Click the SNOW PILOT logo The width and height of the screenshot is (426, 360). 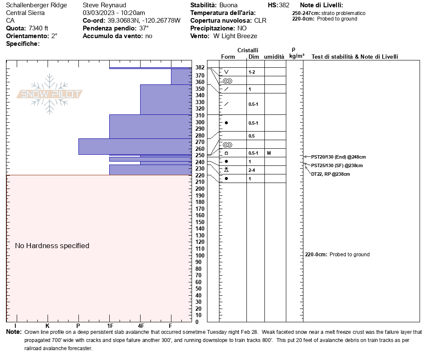(x=50, y=94)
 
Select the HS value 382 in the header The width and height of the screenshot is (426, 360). (x=284, y=6)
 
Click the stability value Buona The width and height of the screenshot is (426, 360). (x=228, y=6)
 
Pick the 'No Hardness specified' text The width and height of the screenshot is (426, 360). (x=52, y=246)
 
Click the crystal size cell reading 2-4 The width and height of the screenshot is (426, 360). (x=252, y=170)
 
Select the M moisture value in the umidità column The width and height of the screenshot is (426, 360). (x=269, y=153)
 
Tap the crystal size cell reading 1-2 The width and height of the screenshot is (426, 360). (x=252, y=72)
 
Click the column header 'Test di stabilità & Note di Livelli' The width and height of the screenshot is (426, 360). (x=354, y=57)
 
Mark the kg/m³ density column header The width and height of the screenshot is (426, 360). (x=297, y=56)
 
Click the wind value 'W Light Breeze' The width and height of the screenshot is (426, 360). (x=235, y=36)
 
